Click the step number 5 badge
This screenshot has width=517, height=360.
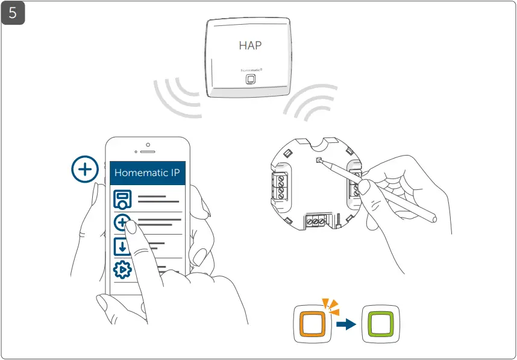click(13, 13)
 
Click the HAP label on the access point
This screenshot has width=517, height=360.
click(250, 45)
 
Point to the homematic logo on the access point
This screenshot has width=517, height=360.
click(255, 70)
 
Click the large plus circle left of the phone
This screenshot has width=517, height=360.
click(84, 170)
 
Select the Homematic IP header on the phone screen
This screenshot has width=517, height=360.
click(150, 172)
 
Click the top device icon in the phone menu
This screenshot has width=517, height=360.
click(123, 200)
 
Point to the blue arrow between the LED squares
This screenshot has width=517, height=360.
click(346, 324)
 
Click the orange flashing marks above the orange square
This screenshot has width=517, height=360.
click(330, 306)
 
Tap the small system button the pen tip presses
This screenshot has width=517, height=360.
click(319, 160)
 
